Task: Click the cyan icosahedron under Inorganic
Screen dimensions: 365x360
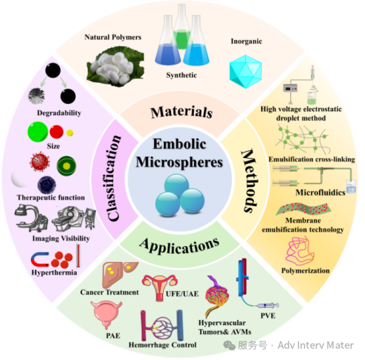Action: click(246, 71)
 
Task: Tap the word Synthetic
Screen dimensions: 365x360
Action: click(181, 75)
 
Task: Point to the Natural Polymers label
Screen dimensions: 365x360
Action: click(113, 37)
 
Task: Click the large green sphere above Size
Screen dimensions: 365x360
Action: click(38, 131)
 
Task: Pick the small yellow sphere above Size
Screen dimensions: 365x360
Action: click(70, 133)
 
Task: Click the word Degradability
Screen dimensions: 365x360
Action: click(59, 113)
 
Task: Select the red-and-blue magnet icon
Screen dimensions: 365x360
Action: click(39, 259)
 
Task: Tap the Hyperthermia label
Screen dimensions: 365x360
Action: click(54, 273)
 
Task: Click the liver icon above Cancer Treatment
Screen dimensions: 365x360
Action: click(119, 275)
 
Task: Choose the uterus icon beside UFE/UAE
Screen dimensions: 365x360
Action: click(160, 287)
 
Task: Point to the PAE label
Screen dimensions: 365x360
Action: click(113, 335)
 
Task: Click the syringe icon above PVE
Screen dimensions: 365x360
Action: click(268, 305)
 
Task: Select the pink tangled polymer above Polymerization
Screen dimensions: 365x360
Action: click(300, 251)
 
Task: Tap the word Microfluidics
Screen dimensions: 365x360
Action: click(320, 193)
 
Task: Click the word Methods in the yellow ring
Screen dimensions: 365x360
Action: click(250, 181)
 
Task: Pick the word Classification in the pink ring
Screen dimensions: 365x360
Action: click(114, 177)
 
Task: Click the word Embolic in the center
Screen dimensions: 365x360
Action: click(179, 144)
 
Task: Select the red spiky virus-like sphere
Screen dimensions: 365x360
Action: click(40, 161)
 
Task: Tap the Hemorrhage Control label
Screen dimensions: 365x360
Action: click(163, 345)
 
